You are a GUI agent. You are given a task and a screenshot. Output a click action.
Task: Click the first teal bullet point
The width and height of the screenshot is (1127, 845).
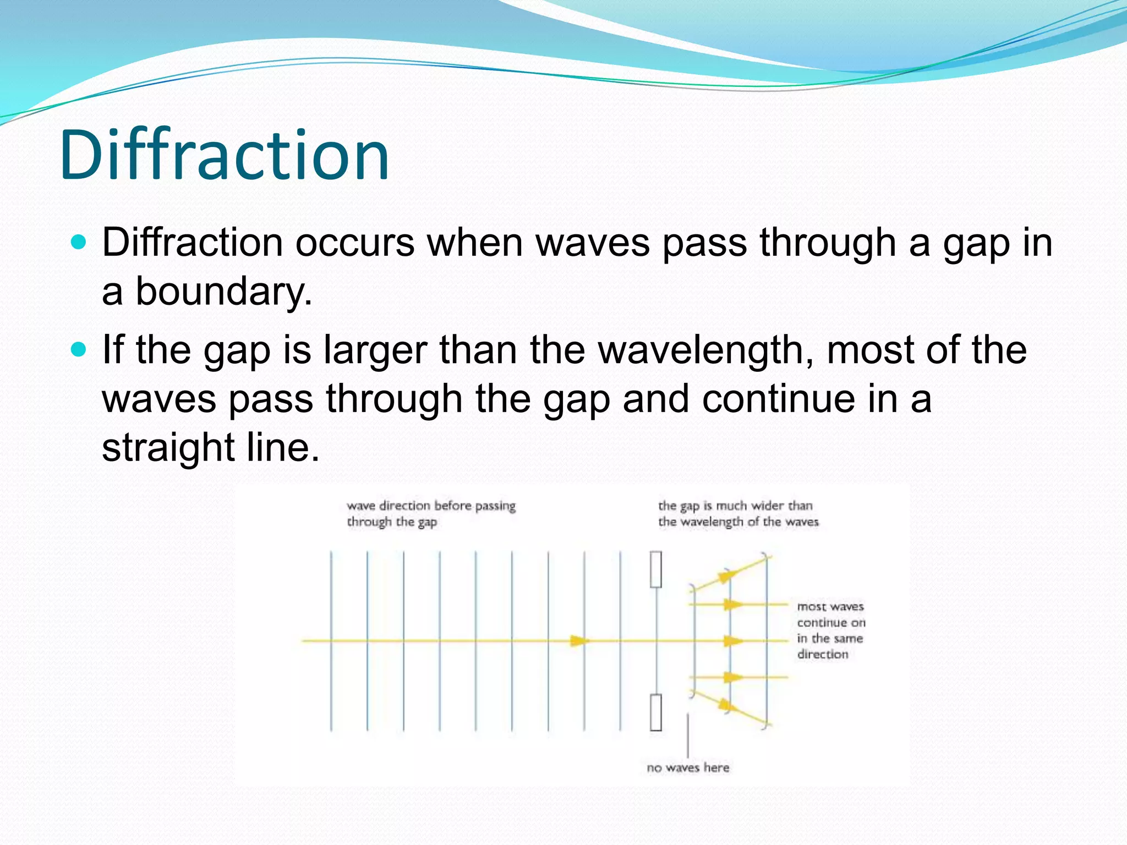(79, 242)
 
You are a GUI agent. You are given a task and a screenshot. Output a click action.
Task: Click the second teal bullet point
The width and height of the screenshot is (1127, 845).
(79, 349)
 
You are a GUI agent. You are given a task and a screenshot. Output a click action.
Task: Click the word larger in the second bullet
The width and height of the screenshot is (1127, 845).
(375, 351)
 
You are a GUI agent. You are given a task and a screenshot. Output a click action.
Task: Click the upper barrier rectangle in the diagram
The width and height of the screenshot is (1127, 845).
(656, 569)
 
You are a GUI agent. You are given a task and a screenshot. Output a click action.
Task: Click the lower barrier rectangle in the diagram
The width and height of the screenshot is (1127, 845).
(656, 712)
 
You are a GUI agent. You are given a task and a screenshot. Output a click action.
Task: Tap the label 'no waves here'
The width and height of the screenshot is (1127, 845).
(688, 767)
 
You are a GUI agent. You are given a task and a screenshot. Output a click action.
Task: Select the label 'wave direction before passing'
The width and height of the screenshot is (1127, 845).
(431, 506)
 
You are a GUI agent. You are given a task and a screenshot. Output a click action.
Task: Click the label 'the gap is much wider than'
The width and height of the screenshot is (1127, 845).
(735, 506)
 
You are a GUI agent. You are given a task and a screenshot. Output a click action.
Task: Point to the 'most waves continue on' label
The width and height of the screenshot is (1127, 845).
(831, 614)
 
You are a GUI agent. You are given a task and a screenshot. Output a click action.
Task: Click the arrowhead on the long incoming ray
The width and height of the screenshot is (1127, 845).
(578, 641)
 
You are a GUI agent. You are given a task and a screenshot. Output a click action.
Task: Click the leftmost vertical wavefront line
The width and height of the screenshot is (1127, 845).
(331, 641)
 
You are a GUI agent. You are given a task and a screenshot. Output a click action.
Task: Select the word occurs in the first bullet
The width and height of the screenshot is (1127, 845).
(354, 242)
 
